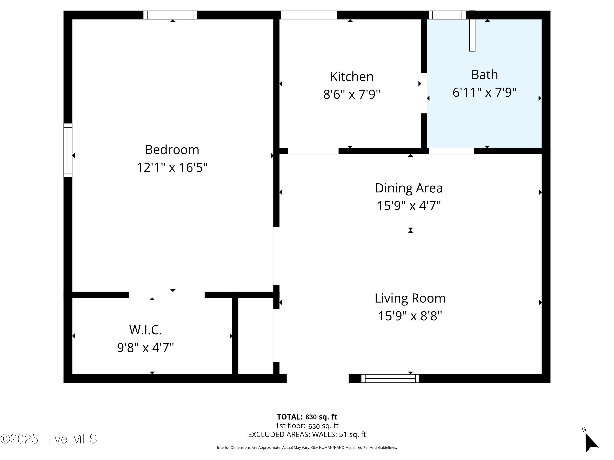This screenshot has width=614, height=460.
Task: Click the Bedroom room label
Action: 172,150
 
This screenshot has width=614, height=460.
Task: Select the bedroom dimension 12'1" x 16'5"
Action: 172,167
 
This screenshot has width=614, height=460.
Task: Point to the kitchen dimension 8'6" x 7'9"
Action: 352,94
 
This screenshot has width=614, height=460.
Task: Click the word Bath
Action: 485,75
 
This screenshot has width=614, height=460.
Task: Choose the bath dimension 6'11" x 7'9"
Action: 485,92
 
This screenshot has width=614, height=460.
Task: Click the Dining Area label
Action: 409,188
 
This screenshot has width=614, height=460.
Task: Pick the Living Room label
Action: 410,298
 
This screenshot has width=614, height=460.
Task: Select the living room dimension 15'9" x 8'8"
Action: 410,316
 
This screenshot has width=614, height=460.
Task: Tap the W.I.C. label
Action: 146,330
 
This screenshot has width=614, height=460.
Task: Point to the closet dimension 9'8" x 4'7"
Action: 146,347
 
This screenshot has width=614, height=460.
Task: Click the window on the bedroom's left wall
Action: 68,150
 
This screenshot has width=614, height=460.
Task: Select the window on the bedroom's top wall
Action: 170,15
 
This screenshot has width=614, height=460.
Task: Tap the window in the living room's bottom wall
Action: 390,378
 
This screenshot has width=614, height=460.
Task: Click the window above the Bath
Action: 447,15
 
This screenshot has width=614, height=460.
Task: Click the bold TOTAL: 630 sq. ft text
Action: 307,417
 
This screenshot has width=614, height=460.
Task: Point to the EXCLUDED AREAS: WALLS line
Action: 307,434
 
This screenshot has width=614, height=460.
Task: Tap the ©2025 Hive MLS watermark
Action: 49,439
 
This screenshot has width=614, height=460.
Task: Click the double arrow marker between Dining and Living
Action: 411,230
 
